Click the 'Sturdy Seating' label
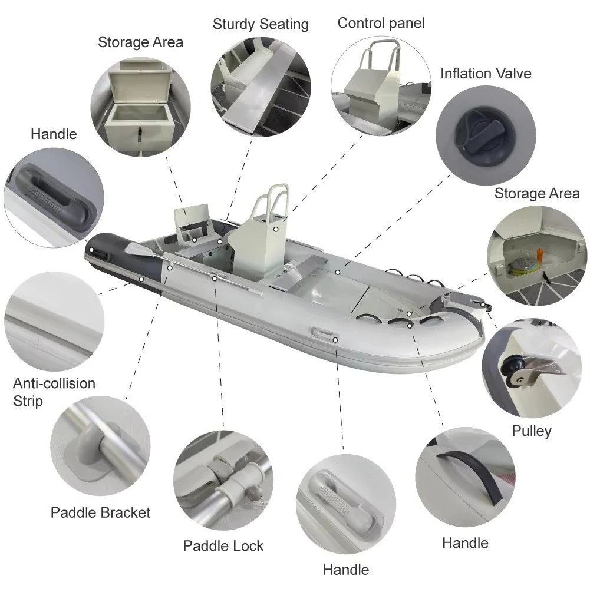(x=261, y=25)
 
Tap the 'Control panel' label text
(x=381, y=23)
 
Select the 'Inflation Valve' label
(x=486, y=74)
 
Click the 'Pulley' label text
(x=531, y=431)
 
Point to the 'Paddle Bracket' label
(x=100, y=512)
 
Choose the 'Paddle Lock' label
(x=223, y=545)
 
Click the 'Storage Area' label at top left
(x=140, y=42)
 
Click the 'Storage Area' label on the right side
(x=536, y=194)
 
